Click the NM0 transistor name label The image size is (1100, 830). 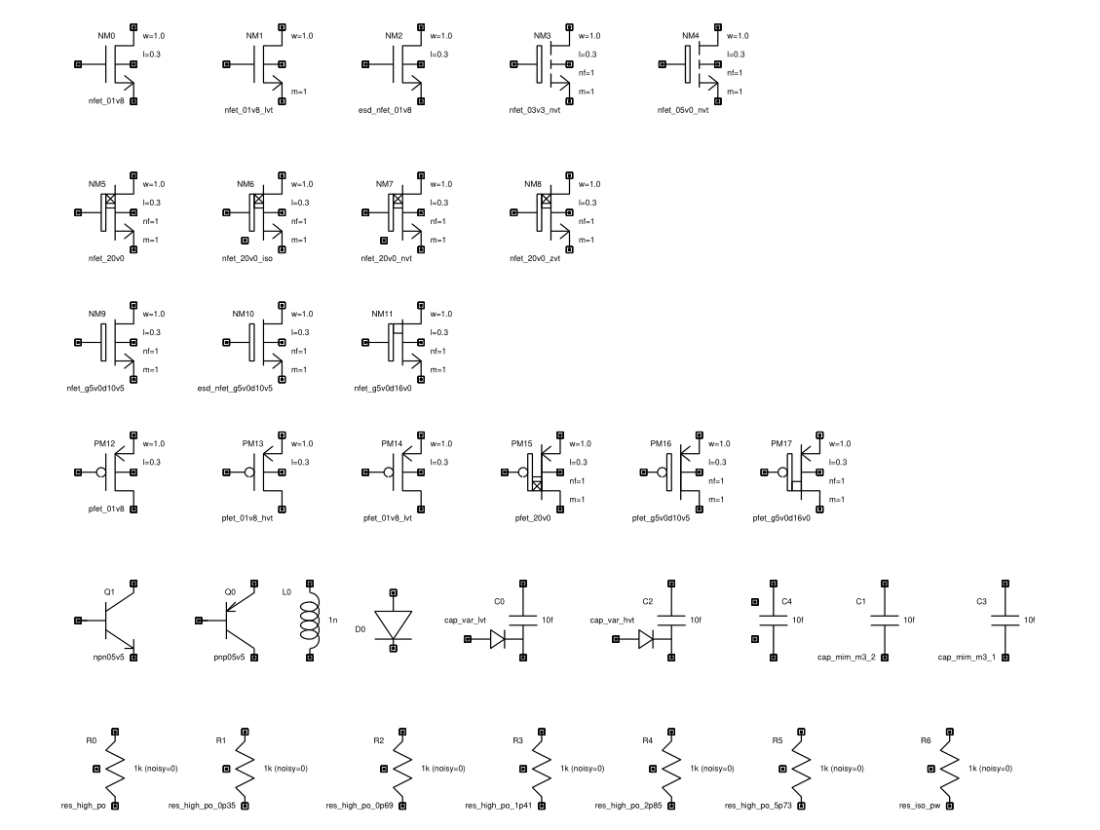(106, 36)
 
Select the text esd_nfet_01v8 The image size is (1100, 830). (385, 110)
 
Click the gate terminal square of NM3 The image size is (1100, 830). (512, 64)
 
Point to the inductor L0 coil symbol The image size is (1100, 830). (311, 620)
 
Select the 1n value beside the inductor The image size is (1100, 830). (332, 621)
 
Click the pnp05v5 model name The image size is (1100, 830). (229, 658)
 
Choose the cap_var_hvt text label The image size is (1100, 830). (613, 620)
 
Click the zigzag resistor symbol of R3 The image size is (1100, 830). (534, 769)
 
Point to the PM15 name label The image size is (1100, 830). (522, 444)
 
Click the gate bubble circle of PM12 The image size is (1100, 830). (99, 472)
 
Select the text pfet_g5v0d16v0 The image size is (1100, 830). (781, 518)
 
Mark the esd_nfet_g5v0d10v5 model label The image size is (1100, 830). (235, 389)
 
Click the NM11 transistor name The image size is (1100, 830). (382, 315)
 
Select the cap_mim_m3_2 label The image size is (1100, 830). (846, 658)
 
